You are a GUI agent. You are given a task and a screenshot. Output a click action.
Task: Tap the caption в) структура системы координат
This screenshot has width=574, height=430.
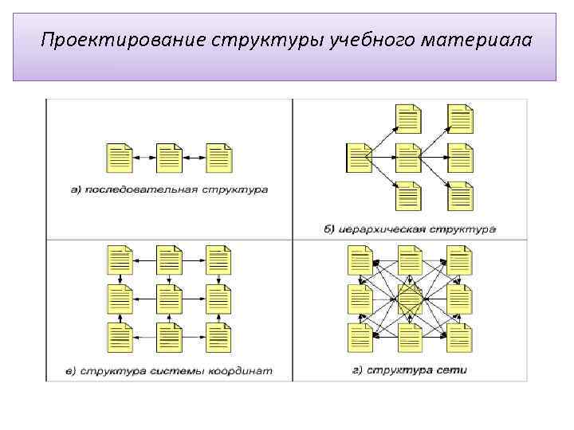[x=169, y=370]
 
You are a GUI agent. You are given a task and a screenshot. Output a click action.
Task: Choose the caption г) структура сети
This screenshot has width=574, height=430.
[x=409, y=370]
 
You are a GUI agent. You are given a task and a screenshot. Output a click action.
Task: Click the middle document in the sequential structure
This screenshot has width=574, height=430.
[x=169, y=158]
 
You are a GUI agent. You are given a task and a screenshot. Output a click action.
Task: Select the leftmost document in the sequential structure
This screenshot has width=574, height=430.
[x=120, y=158]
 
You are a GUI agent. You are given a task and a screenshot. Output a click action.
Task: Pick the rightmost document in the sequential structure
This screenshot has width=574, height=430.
[x=218, y=158]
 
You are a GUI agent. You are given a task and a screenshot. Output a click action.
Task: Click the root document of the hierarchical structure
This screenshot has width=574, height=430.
[x=359, y=158]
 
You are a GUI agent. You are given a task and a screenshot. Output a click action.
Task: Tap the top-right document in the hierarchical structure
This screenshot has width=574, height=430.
[x=460, y=119]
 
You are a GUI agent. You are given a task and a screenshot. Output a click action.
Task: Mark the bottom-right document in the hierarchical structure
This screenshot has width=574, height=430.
[x=460, y=196]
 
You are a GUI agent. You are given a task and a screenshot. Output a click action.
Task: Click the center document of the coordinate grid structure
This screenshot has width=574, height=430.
[x=169, y=299]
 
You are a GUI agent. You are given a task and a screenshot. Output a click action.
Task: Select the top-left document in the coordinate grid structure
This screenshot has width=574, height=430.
[x=120, y=260]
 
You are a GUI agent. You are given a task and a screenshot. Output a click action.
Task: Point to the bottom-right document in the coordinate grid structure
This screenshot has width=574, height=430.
[x=218, y=338]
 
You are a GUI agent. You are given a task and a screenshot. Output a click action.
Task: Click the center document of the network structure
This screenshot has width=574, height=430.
[x=410, y=299]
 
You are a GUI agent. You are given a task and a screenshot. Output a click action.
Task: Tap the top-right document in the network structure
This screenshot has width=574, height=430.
[x=460, y=260]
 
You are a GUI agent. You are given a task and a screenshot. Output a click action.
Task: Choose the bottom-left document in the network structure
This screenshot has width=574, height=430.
[x=360, y=338]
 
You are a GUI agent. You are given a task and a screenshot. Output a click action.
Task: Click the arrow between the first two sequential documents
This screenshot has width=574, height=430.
[x=144, y=158]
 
